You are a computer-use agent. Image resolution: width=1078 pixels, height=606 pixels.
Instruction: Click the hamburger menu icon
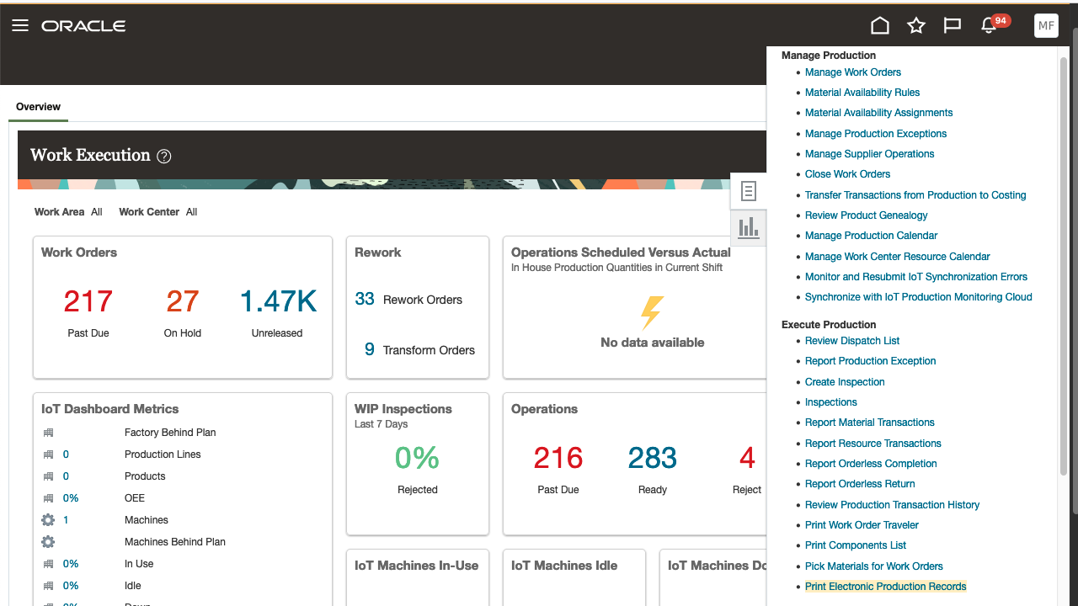20,25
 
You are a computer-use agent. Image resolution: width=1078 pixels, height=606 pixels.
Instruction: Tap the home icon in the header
880,25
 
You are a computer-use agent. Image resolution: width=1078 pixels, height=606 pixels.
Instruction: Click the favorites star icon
916,25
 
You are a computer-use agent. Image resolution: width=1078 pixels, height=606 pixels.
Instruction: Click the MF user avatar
1046,25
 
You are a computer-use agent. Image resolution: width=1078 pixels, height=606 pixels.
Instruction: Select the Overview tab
38,107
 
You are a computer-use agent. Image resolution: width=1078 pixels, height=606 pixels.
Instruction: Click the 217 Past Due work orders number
88,301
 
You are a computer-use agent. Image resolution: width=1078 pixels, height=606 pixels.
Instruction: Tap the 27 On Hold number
182,301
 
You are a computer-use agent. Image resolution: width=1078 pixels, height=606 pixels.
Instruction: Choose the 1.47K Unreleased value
277,301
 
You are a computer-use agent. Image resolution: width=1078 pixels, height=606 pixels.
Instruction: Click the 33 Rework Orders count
365,299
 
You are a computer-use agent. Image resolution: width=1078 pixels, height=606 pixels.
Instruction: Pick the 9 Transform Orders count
369,349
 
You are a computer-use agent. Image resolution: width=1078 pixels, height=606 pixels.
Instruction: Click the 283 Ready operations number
652,458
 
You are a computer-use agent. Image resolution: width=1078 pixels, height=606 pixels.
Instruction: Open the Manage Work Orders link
852,72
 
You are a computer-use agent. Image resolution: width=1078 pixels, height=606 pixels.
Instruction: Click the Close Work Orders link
847,174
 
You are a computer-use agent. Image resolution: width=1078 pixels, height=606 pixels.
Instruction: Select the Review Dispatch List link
851,341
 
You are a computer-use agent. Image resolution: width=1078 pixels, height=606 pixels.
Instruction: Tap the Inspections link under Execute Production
830,402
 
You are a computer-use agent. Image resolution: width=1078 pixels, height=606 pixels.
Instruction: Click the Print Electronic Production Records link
885,587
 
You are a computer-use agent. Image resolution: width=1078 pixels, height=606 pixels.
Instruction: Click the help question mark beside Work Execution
164,156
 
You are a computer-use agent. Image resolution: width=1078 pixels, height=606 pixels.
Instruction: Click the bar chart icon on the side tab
748,227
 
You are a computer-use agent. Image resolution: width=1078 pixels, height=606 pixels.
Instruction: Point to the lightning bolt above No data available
652,312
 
